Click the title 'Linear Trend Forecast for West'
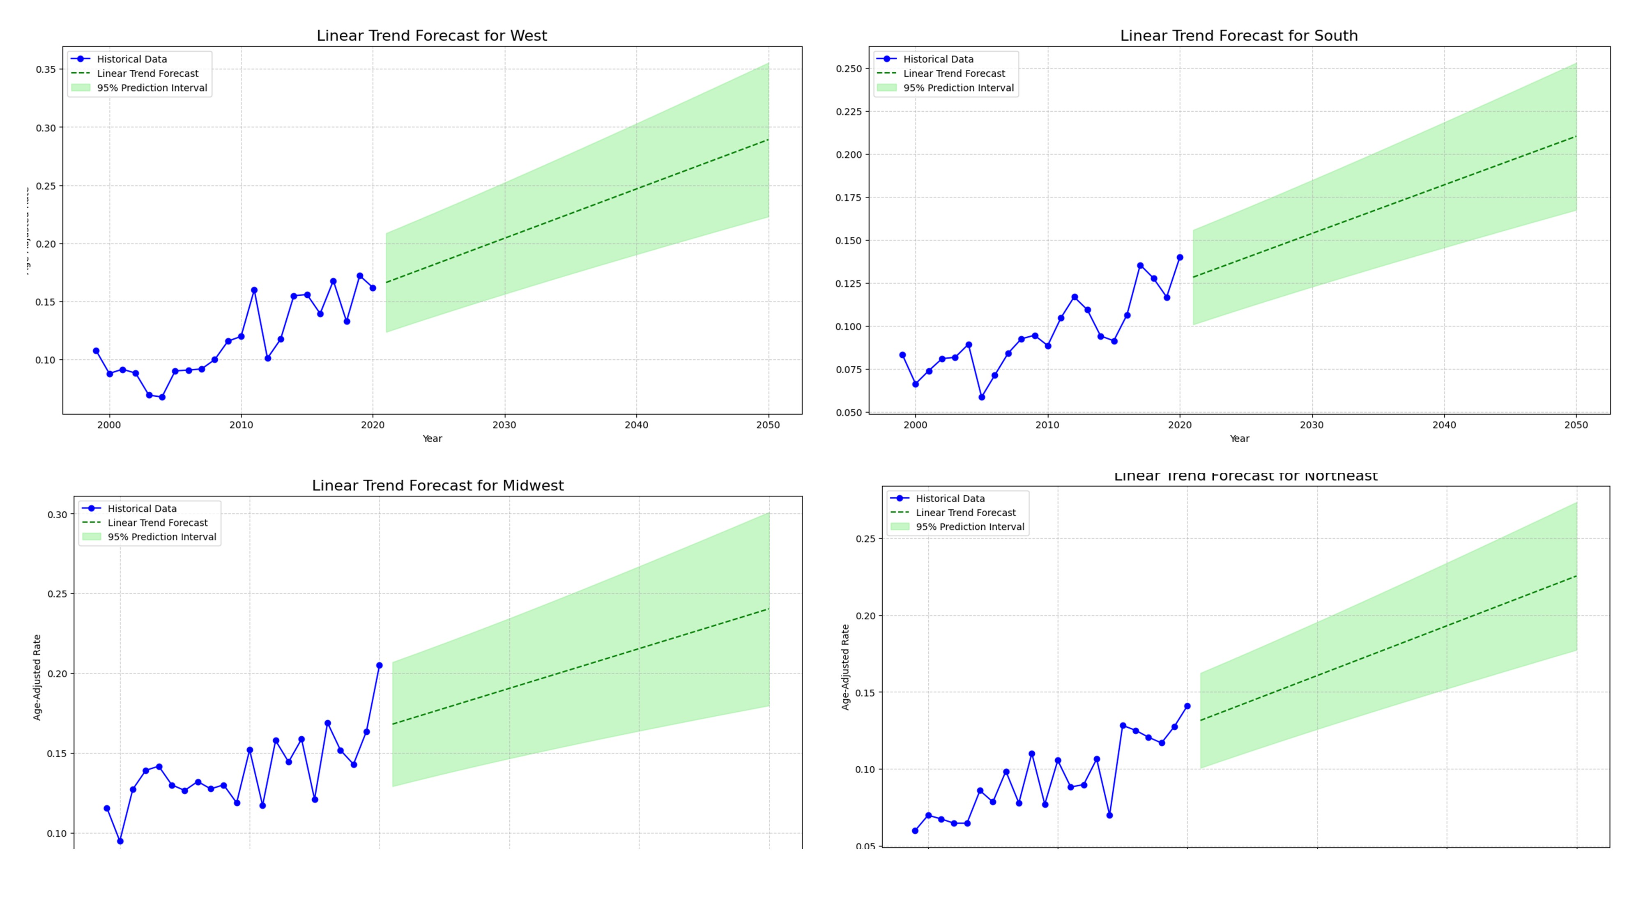click(x=431, y=36)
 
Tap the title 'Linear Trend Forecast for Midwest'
click(x=437, y=485)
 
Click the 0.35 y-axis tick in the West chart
click(x=45, y=69)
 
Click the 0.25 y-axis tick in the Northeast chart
click(x=865, y=539)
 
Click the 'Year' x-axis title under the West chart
click(x=432, y=439)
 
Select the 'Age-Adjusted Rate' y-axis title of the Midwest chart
click(x=37, y=677)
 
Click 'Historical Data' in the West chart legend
click(x=131, y=59)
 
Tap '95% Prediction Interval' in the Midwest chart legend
click(x=161, y=537)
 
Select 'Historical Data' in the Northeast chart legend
click(x=950, y=499)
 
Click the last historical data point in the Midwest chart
click(x=380, y=665)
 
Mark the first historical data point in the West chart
click(x=96, y=351)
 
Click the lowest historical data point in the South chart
click(x=982, y=397)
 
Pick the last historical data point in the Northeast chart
click(x=1187, y=706)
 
